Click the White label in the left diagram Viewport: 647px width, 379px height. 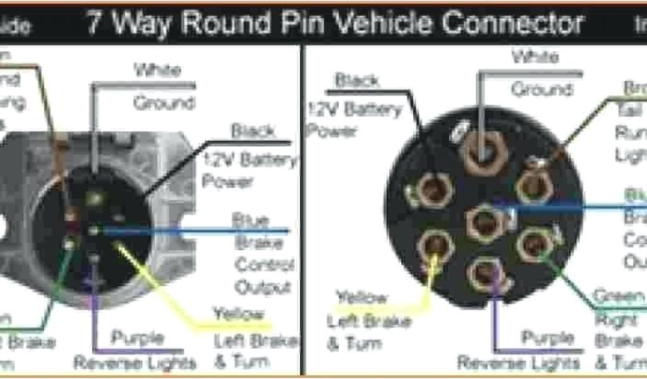coord(157,69)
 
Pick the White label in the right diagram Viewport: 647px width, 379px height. coord(535,57)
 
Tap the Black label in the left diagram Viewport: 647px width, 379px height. coord(253,131)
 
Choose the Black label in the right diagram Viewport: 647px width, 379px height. coord(357,80)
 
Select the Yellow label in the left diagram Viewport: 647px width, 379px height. coord(238,313)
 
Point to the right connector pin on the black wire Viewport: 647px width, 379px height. coord(433,189)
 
